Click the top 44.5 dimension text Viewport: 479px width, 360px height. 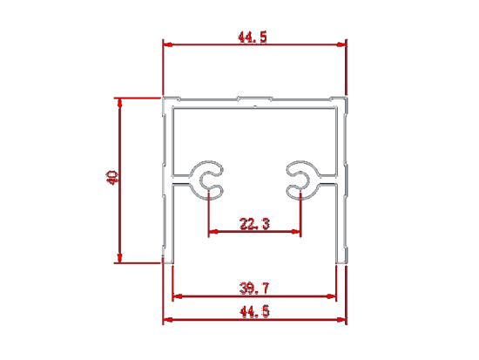pos(253,37)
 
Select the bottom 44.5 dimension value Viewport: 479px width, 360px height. pos(254,312)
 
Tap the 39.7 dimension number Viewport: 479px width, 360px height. pos(254,289)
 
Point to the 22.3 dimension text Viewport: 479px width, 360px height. pos(254,224)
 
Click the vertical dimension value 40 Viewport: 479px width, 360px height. pos(111,178)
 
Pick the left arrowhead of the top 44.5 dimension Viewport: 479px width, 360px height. pos(168,44)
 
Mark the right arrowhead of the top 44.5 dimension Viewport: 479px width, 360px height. pos(341,44)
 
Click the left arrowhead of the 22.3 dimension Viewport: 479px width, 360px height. pos(213,232)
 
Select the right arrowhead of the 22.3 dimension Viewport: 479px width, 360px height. pos(296,232)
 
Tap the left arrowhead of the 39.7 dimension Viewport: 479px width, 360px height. pos(178,296)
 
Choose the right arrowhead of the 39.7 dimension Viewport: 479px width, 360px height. pos(331,296)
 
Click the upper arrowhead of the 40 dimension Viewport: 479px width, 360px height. pos(120,103)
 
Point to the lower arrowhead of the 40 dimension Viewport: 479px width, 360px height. pos(120,258)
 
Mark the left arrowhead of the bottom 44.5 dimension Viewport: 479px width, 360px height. pos(168,320)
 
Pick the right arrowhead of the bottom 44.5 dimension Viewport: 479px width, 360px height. pos(341,320)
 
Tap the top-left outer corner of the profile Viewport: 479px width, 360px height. pos(163,98)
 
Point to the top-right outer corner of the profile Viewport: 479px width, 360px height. pos(347,98)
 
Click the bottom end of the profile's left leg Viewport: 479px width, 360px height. pos(168,262)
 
